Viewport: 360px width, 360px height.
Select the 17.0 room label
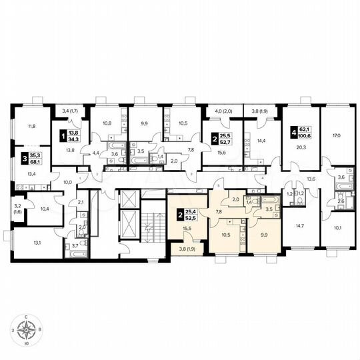coord(336,135)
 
